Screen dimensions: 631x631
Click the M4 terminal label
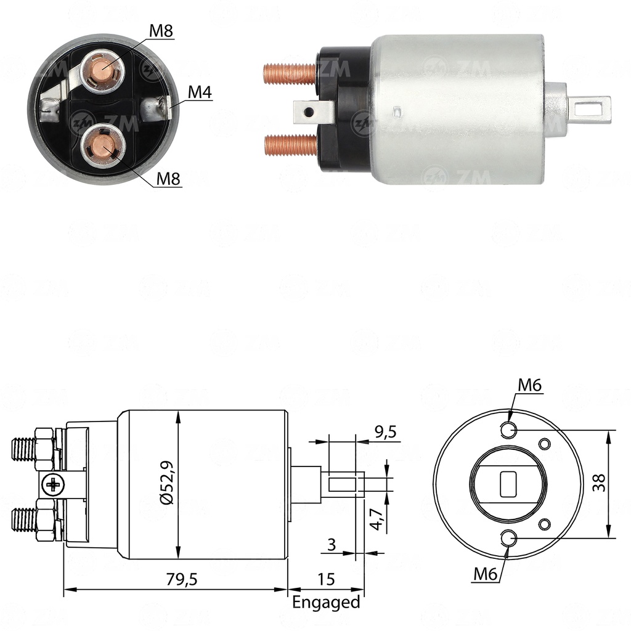point(200,92)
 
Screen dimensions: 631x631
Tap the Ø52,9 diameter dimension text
point(167,482)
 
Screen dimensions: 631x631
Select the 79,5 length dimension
point(182,579)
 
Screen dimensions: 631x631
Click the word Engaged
point(326,603)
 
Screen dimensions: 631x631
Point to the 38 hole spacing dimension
point(599,482)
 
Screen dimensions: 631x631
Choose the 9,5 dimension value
point(386,431)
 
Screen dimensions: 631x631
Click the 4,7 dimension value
point(377,519)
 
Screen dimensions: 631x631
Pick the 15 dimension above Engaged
point(326,579)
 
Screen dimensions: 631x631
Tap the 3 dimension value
point(332,545)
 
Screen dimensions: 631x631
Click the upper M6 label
point(530,385)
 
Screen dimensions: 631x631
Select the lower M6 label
point(486,574)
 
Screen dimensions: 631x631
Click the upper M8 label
point(161,31)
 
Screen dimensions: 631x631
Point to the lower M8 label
point(168,178)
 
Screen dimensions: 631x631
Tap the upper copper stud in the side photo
point(290,74)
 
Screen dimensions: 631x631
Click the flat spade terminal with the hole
point(314,112)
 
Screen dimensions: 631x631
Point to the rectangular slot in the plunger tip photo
point(590,108)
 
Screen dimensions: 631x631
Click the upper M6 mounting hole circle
point(508,430)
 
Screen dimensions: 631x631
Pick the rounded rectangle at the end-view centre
point(508,483)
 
